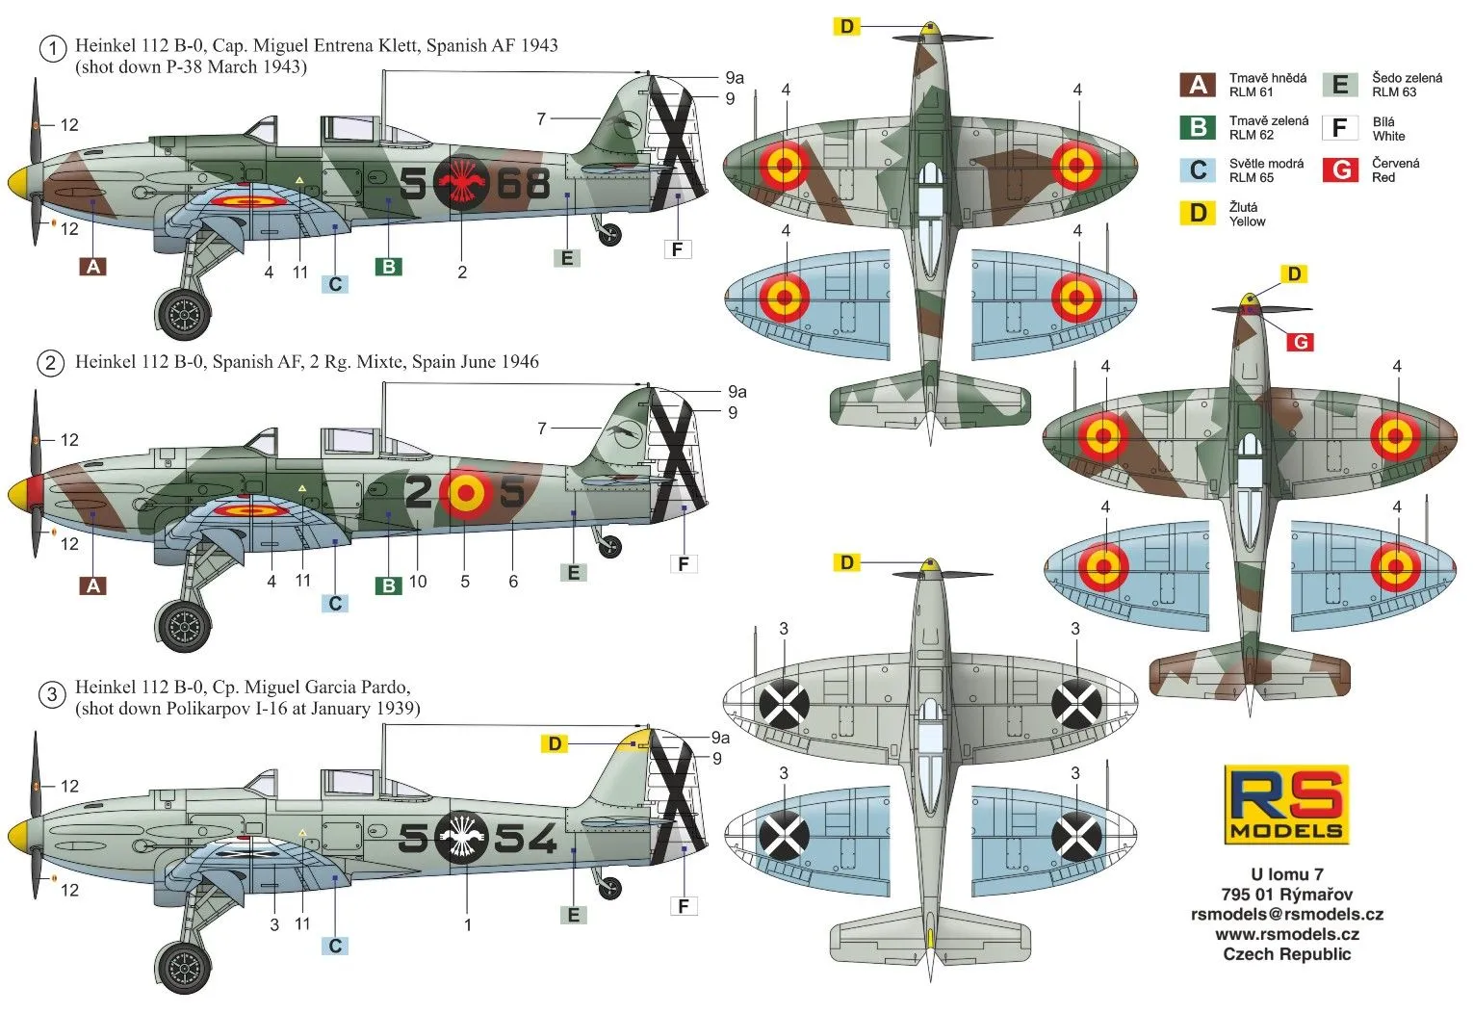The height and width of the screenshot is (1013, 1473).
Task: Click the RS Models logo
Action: pos(1285,804)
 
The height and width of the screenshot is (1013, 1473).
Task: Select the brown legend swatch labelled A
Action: pos(1198,85)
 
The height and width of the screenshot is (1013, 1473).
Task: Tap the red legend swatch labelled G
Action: pos(1340,169)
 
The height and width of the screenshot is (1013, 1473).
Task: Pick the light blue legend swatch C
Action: pos(1198,169)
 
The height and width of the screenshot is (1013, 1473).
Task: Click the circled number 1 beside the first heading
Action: pos(53,49)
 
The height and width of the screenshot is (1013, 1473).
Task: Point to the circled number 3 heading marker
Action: pos(52,694)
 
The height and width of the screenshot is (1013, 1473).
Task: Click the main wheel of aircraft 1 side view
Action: pos(183,314)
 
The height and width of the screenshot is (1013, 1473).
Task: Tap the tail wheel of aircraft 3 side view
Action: pos(610,888)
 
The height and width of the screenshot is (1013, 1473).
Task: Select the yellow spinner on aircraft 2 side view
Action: pos(19,495)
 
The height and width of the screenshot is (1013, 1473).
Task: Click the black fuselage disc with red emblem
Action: pos(461,182)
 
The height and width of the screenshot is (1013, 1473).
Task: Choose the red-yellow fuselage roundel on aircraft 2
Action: pos(466,493)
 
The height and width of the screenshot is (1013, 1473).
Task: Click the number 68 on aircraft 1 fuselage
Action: pos(524,184)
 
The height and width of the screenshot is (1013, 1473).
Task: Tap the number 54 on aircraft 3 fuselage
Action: pos(526,839)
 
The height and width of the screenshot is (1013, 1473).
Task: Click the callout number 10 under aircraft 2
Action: pos(418,582)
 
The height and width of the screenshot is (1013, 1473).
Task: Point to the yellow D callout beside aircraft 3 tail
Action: pos(555,744)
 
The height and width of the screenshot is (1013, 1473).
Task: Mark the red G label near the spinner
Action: pos(1300,342)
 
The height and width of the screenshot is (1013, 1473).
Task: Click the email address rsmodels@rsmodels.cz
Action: pos(1287,915)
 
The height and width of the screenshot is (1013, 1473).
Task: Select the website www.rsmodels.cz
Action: pos(1287,934)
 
